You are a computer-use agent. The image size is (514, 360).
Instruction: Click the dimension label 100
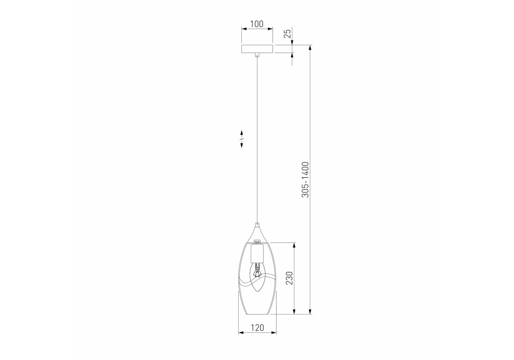[x=257, y=24]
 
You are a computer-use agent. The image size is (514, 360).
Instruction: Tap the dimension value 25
[x=287, y=33]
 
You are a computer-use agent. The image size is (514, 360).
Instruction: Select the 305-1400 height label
[x=305, y=179]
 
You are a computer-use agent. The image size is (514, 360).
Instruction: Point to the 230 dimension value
[x=289, y=278]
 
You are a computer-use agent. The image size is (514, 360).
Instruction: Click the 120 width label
[x=257, y=328]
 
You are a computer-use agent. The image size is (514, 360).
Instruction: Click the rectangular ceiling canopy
[x=257, y=49]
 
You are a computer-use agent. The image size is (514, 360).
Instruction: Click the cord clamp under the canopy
[x=257, y=55]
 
